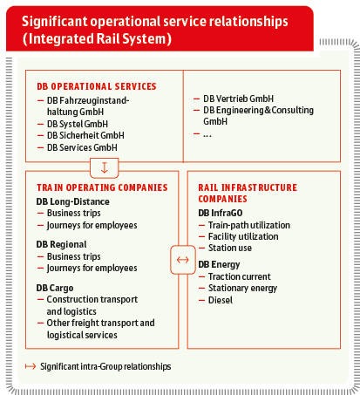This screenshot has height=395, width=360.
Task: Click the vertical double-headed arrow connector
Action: coord(105,168)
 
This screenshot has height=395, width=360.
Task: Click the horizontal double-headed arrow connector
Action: coord(183,260)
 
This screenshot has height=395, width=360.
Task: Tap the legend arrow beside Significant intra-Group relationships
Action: coord(31,366)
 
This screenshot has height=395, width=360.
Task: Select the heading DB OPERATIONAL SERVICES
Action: coord(97,86)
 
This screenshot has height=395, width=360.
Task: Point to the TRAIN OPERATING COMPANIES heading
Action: coord(102,187)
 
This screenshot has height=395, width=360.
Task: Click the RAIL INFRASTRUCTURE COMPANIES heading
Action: coord(248,193)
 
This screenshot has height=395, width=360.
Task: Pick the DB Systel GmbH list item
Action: coord(78,124)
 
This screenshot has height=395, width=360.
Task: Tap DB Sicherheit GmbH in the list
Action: coord(85,135)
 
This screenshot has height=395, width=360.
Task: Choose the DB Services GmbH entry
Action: coord(82,147)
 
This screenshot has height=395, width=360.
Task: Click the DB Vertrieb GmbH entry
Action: coord(238,99)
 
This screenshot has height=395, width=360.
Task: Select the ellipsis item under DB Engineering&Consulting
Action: coord(207,135)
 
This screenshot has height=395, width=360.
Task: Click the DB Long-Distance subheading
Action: coord(73,201)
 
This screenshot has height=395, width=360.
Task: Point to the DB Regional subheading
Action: coord(62,244)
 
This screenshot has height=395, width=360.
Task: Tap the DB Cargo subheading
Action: coord(55,288)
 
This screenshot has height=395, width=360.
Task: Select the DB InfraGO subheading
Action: coord(221,213)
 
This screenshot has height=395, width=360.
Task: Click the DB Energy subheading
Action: coord(219,265)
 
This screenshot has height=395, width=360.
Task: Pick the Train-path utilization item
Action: coord(249,225)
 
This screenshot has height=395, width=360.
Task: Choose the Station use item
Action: coord(230,248)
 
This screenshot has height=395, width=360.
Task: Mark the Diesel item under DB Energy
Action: coord(221,300)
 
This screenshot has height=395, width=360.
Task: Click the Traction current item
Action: coord(240,276)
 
